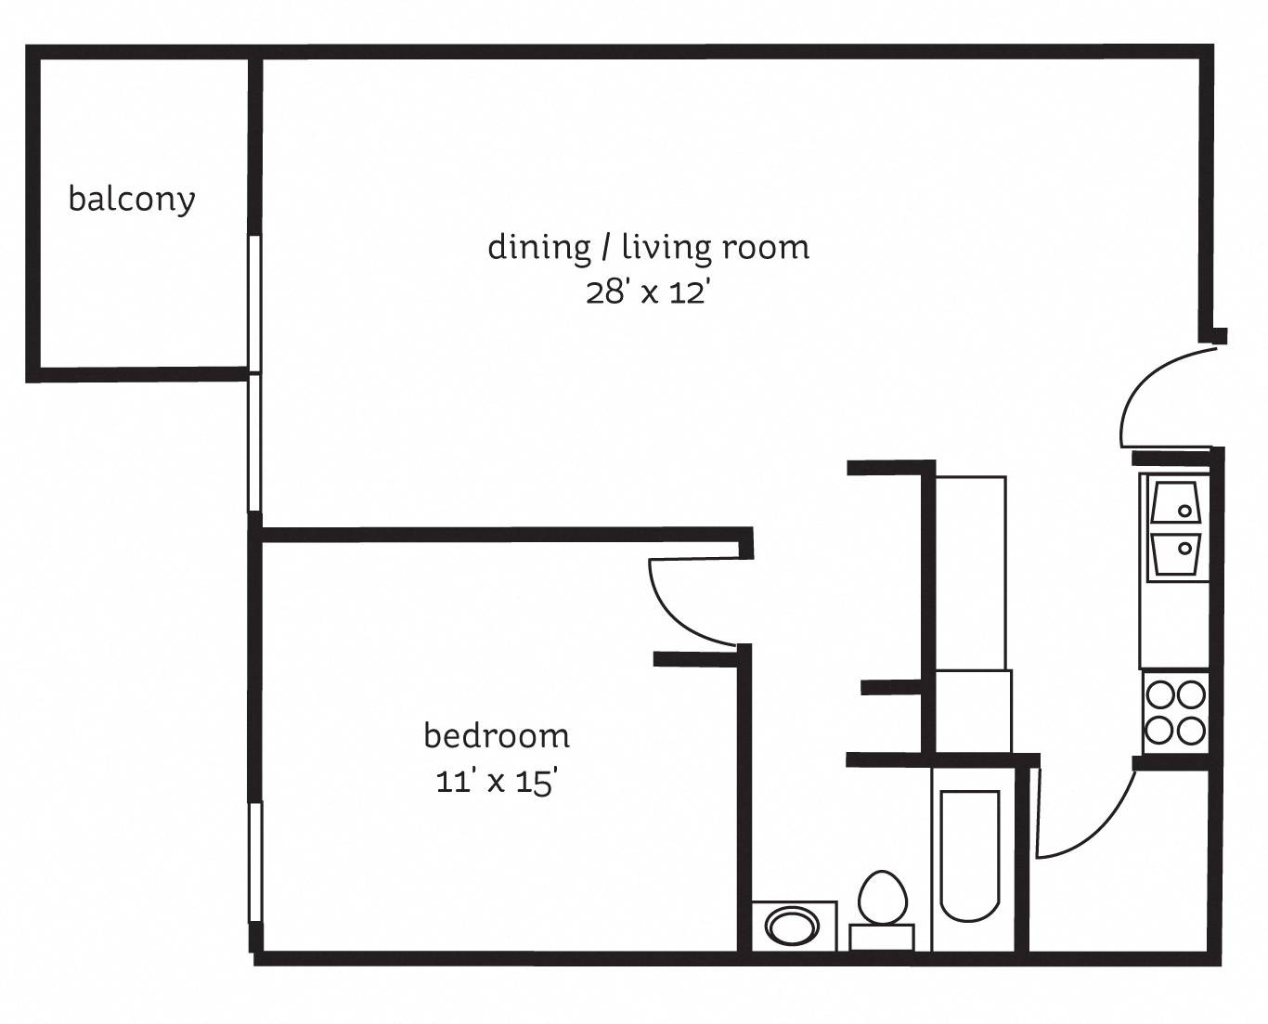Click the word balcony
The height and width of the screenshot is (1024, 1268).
[x=132, y=200]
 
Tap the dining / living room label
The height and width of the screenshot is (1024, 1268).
[x=648, y=247]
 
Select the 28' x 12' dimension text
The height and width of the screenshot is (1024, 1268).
[x=648, y=293]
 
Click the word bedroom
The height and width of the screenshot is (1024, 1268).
[x=497, y=735]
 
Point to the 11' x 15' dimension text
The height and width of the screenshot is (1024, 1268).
[x=497, y=782]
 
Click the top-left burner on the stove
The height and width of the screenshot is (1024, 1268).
[x=1160, y=694]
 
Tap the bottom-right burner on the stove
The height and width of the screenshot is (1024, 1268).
[x=1191, y=731]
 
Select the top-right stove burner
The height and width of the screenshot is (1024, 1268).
[x=1191, y=694]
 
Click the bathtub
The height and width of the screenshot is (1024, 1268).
[x=970, y=854]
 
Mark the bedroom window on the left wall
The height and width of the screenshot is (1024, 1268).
[x=255, y=862]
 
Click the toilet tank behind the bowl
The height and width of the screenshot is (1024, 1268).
[x=882, y=938]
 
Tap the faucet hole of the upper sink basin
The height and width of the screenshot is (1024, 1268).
[x=1185, y=510]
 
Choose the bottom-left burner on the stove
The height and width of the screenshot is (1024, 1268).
[x=1160, y=731]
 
